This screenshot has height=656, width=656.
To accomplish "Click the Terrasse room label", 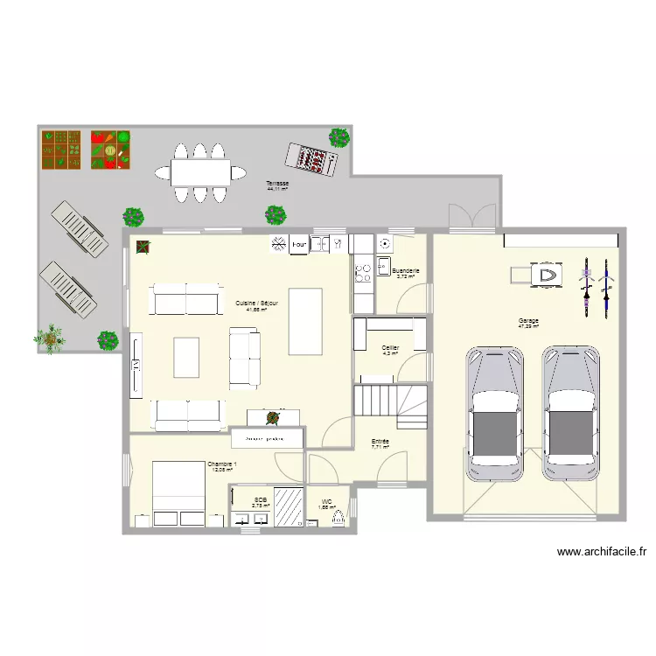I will (276, 183).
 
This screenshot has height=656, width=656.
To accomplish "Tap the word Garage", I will (528, 321).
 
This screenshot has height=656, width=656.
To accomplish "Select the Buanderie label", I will (406, 270).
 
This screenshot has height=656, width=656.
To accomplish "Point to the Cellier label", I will (391, 347).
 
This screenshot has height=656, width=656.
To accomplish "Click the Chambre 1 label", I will (221, 464).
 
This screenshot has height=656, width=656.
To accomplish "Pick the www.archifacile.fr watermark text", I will (602, 552).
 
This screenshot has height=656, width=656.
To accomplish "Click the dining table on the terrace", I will (200, 170).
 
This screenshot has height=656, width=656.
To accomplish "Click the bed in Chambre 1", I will (179, 494).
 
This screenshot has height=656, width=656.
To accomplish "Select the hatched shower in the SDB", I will (288, 506).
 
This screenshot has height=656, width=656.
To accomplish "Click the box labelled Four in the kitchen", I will (298, 244).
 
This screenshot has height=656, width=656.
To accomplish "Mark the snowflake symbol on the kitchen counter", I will (279, 243).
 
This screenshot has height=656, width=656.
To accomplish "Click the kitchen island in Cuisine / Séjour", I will (305, 321).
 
